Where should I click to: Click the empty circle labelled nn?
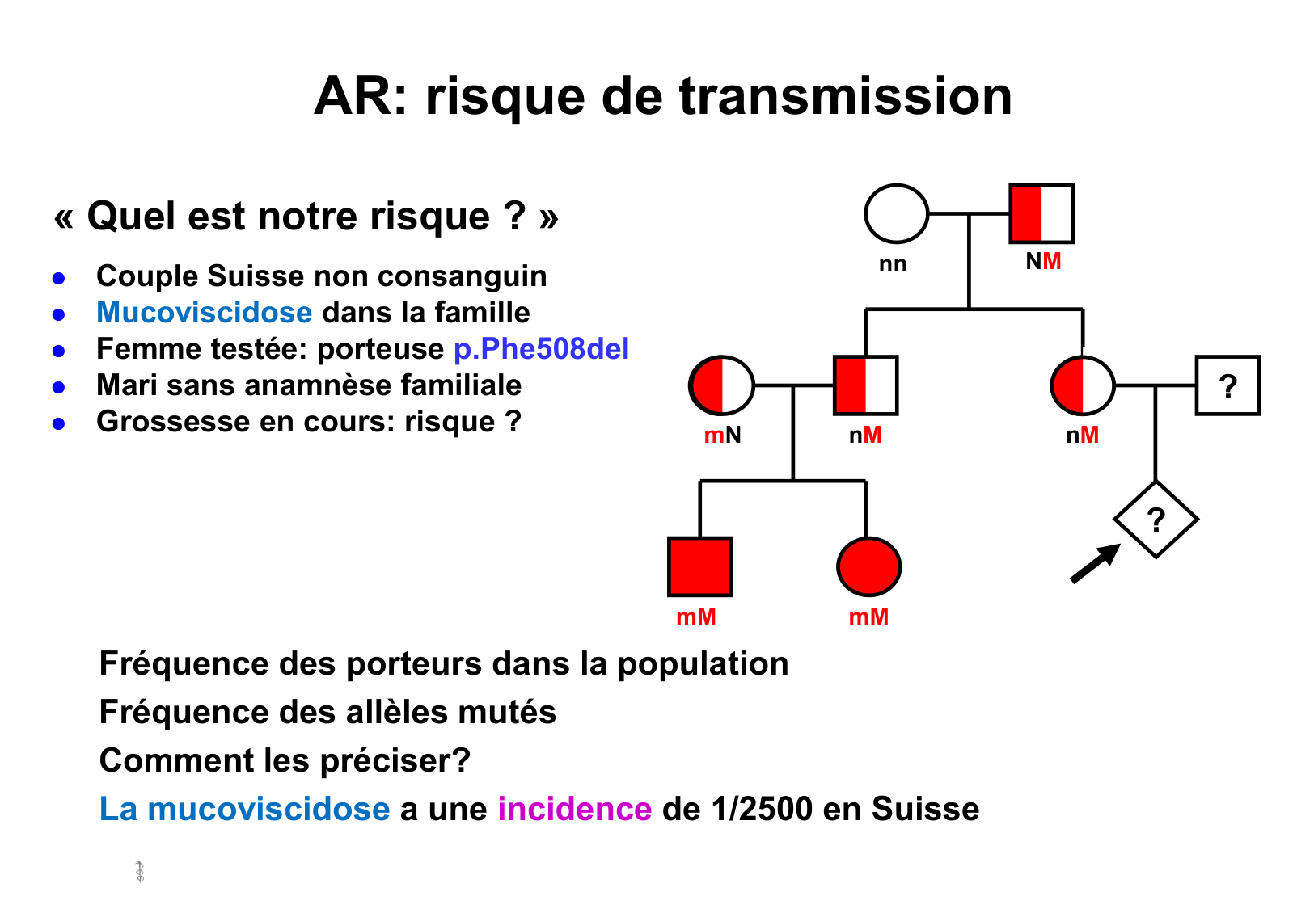point(896,214)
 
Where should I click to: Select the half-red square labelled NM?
point(1041,214)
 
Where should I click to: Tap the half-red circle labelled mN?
point(721,385)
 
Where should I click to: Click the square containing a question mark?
point(1227,385)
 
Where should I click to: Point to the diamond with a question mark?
point(1156,520)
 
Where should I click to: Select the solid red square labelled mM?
point(699,566)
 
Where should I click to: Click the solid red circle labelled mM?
point(868,566)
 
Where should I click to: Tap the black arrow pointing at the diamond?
point(1094,563)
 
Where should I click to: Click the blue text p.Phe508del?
point(541,349)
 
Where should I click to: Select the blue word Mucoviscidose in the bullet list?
point(204,313)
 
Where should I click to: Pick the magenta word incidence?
point(574,809)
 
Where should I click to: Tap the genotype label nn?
point(893,264)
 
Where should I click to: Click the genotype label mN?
point(722,436)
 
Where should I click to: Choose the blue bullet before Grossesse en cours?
point(58,423)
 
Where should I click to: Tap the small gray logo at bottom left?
point(140,872)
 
